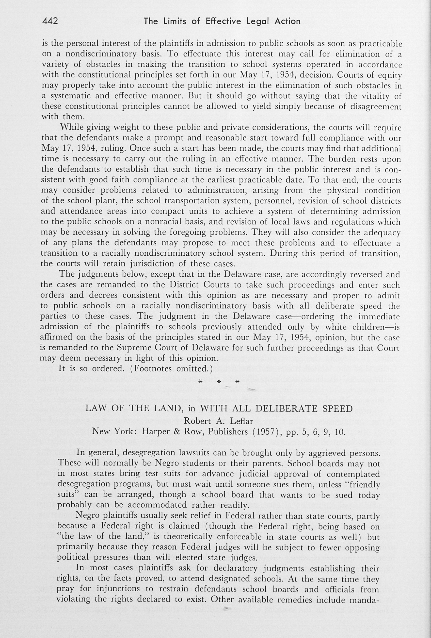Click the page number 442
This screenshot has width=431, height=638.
pyautogui.click(x=50, y=21)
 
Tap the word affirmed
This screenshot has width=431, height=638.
pyautogui.click(x=56, y=337)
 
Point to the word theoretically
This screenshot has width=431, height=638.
pyautogui.click(x=188, y=536)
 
